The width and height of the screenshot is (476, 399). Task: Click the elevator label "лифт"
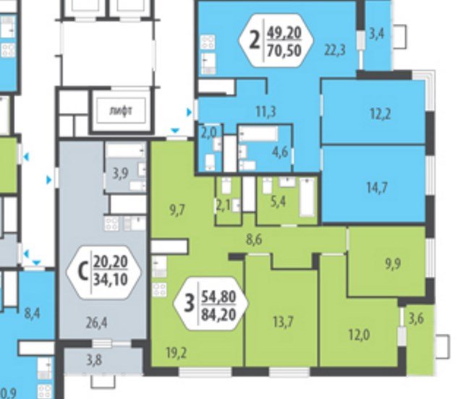[121, 111]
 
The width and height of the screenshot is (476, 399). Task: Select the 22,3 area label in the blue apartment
[335, 50]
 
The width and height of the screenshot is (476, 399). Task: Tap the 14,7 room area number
[377, 187]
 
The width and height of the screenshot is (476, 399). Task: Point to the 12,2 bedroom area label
[381, 114]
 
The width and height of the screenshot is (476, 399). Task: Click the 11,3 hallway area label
[266, 111]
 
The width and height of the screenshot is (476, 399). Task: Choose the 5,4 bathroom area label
[278, 201]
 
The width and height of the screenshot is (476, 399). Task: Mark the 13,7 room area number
[283, 322]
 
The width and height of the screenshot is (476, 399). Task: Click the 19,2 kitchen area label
[177, 353]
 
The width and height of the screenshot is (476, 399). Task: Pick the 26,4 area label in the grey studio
[96, 323]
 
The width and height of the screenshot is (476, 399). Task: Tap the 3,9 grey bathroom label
[121, 174]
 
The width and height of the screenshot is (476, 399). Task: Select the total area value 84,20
[218, 315]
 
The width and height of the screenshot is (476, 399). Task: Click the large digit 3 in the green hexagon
[190, 304]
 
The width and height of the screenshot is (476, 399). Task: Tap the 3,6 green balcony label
[416, 319]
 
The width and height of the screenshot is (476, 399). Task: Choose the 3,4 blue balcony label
[377, 33]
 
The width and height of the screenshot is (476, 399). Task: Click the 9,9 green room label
[393, 263]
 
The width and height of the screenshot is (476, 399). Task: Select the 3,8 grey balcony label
[94, 361]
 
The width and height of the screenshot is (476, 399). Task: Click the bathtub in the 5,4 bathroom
[307, 197]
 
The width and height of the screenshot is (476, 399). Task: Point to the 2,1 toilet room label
[223, 206]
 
